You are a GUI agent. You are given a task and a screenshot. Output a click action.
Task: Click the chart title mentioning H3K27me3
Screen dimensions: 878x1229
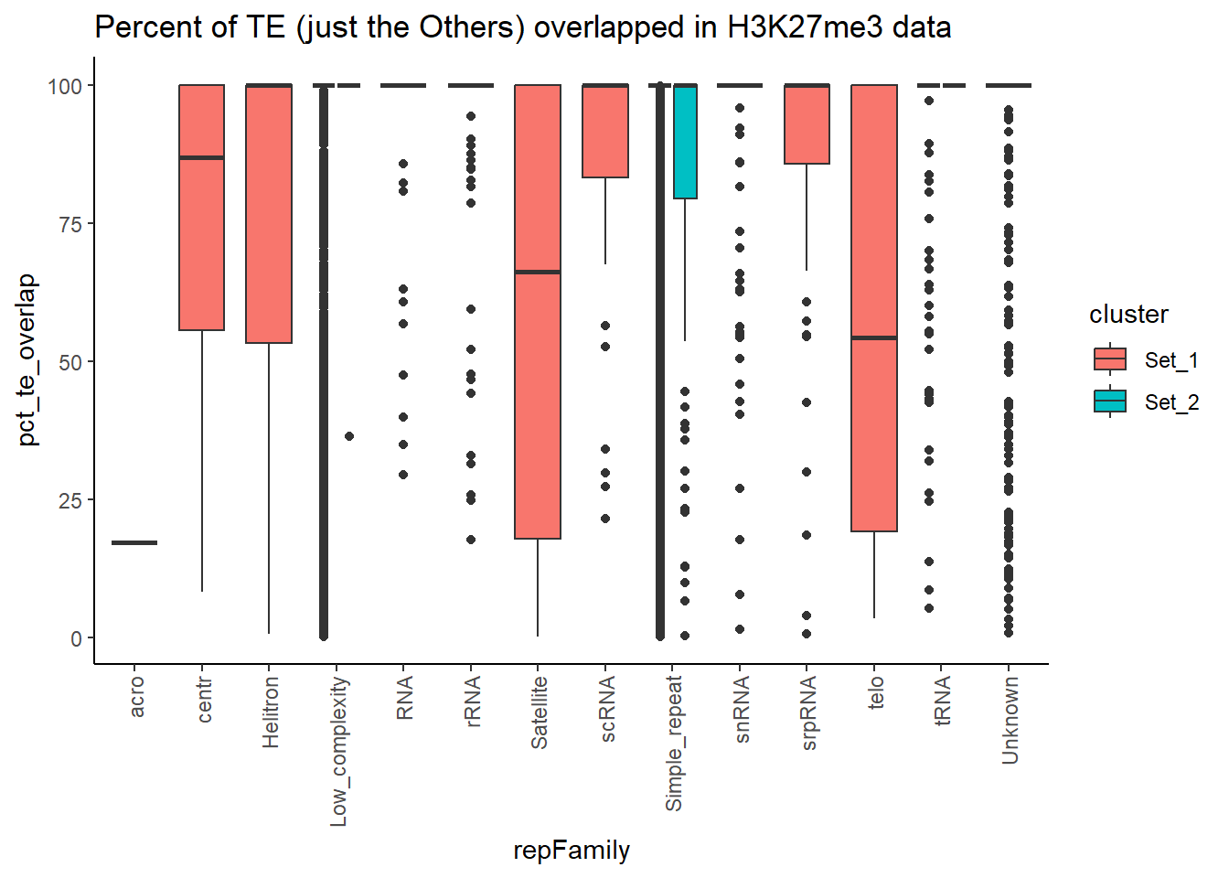click(x=522, y=27)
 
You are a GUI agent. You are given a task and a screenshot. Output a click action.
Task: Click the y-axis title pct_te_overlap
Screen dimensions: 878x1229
click(x=27, y=359)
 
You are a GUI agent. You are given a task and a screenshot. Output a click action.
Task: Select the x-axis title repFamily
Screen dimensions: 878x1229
click(x=572, y=851)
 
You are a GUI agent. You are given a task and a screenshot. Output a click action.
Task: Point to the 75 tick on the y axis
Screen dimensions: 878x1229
click(x=70, y=224)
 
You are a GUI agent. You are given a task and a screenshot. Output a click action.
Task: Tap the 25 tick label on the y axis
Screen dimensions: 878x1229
click(x=70, y=500)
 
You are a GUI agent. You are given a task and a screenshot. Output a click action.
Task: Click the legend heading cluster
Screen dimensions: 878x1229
click(x=1128, y=315)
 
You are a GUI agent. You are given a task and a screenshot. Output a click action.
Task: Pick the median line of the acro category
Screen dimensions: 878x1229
click(x=134, y=543)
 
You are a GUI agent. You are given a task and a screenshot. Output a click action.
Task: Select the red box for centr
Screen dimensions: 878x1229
click(x=201, y=238)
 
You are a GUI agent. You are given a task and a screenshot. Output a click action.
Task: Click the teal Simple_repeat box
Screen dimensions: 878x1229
click(x=685, y=142)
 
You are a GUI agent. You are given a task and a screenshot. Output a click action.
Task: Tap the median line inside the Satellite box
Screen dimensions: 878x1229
click(x=538, y=272)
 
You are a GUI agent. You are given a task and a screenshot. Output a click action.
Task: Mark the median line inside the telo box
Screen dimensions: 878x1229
click(x=874, y=338)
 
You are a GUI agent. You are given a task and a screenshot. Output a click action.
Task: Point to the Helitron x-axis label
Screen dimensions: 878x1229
click(x=270, y=712)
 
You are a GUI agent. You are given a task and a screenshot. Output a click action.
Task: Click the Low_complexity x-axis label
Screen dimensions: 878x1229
click(x=338, y=751)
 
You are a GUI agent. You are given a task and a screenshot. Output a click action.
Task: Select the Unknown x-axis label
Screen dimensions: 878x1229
click(x=1010, y=720)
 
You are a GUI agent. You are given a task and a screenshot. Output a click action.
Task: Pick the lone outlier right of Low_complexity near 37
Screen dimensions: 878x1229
click(x=349, y=436)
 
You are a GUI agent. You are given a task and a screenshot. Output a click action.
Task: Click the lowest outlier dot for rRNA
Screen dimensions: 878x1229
click(x=471, y=540)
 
